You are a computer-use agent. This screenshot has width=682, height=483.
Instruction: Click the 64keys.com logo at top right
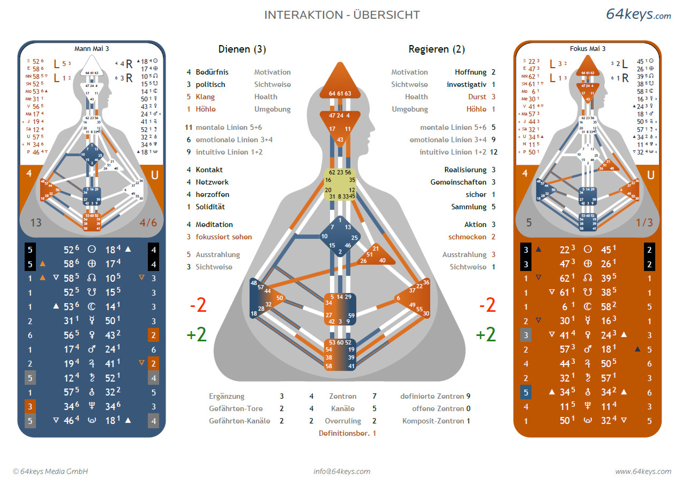click(638, 14)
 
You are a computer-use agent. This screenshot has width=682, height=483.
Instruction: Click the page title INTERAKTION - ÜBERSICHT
click(342, 15)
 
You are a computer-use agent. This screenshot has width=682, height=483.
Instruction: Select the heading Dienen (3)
click(242, 49)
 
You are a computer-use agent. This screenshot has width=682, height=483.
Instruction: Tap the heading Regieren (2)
click(437, 49)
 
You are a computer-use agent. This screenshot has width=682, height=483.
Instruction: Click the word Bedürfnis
click(213, 72)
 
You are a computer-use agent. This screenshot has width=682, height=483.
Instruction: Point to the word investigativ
click(467, 84)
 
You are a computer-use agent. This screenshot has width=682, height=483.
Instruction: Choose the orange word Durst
click(477, 97)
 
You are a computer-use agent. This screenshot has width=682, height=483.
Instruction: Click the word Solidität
click(210, 207)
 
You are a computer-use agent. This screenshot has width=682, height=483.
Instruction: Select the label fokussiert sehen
click(223, 237)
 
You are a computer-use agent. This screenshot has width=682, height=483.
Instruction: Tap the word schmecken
click(467, 237)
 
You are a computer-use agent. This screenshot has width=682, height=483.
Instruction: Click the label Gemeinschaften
click(459, 182)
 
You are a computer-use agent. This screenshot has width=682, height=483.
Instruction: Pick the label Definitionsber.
click(343, 433)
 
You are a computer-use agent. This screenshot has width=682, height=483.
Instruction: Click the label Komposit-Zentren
click(433, 421)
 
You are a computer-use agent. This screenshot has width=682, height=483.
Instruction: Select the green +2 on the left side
click(197, 334)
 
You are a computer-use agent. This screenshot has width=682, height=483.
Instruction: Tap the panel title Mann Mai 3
click(91, 48)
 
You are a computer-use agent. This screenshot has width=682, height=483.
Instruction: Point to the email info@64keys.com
click(342, 471)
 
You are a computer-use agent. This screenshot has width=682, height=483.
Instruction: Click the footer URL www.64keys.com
click(642, 471)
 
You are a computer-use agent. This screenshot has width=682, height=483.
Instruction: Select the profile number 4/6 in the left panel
click(148, 222)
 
